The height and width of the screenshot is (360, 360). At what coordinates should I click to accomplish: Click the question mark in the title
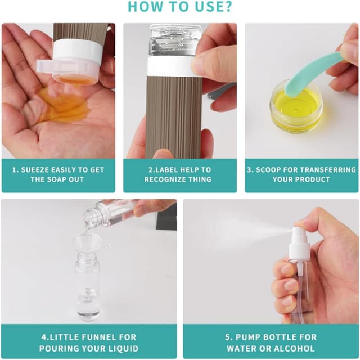pyautogui.click(x=227, y=7)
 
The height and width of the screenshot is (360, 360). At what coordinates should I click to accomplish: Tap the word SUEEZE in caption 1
pyautogui.click(x=34, y=170)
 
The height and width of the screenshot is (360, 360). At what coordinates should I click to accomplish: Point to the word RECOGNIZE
pyautogui.click(x=163, y=179)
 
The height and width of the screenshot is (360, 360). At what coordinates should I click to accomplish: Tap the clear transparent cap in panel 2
pyautogui.click(x=175, y=40)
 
